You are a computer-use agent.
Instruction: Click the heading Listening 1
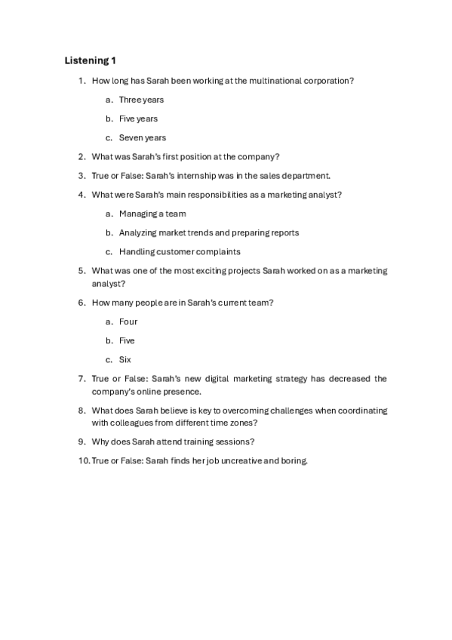tap(91, 60)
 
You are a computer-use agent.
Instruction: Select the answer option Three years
tap(141, 100)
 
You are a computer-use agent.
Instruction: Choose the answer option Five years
tap(138, 118)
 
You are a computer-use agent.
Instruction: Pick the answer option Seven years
tap(143, 137)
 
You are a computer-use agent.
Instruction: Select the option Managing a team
tap(152, 214)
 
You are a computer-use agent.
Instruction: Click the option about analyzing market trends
tap(209, 232)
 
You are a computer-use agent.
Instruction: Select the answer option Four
tap(128, 322)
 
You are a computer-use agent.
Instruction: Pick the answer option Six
tap(125, 359)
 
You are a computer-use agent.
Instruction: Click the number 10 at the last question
tap(83, 460)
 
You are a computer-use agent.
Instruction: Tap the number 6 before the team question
tap(81, 303)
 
